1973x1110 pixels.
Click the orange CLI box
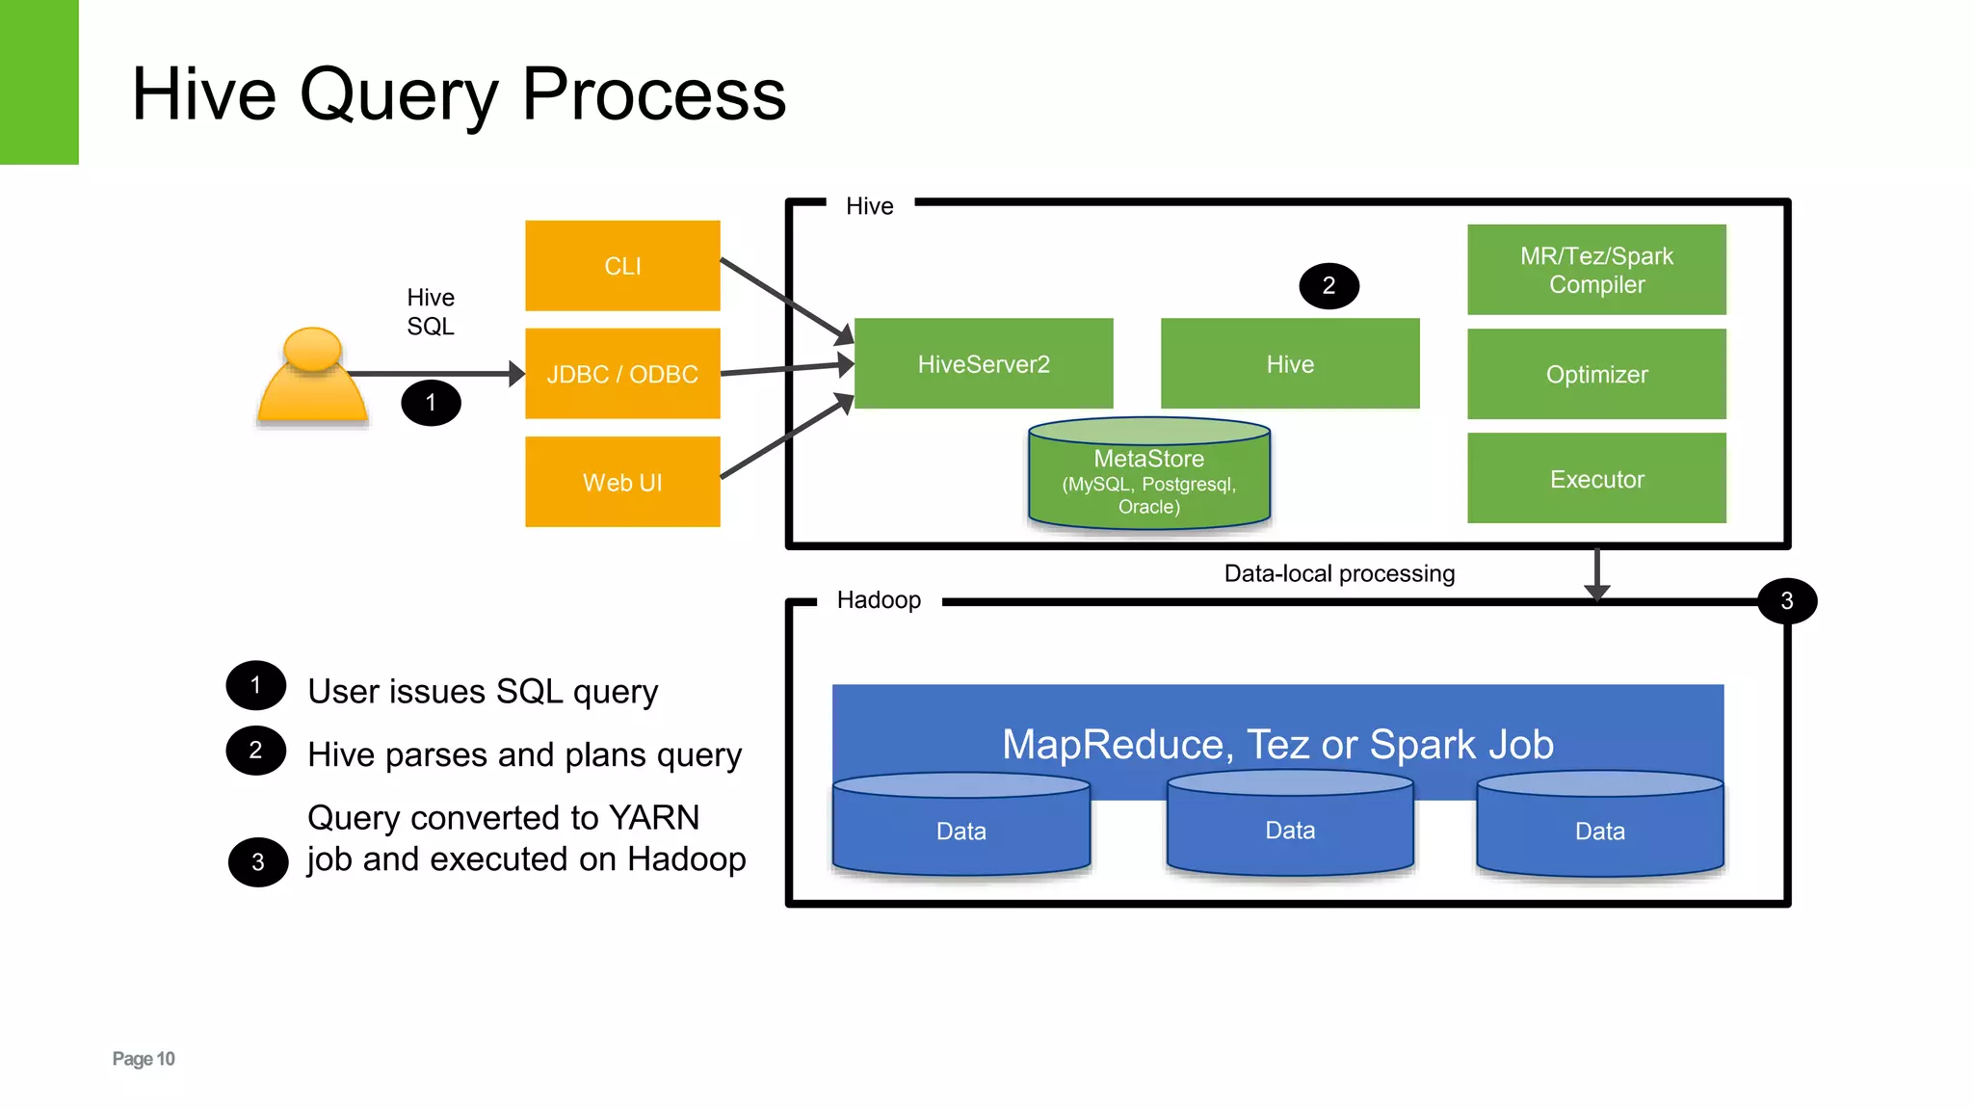pos(622,266)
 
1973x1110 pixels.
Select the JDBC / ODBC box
pos(622,374)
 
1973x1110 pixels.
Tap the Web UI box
pos(622,482)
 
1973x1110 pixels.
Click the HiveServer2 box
pos(984,364)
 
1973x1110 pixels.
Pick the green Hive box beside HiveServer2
pos(1290,364)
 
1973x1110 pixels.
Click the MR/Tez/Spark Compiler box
pos(1596,270)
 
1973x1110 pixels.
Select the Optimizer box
pos(1596,374)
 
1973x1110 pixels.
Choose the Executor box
pos(1596,479)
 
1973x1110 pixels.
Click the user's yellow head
pos(312,349)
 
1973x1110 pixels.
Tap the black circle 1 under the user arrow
pos(431,403)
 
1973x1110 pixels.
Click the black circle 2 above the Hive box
pos(1328,286)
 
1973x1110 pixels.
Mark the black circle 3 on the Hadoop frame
pos(1786,601)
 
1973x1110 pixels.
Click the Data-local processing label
pos(1339,574)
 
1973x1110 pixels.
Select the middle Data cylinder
pos(1290,830)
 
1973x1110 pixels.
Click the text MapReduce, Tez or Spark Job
pos(1277,745)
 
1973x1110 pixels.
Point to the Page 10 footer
pos(144,1059)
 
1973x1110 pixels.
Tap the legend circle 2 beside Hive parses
pos(255,751)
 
